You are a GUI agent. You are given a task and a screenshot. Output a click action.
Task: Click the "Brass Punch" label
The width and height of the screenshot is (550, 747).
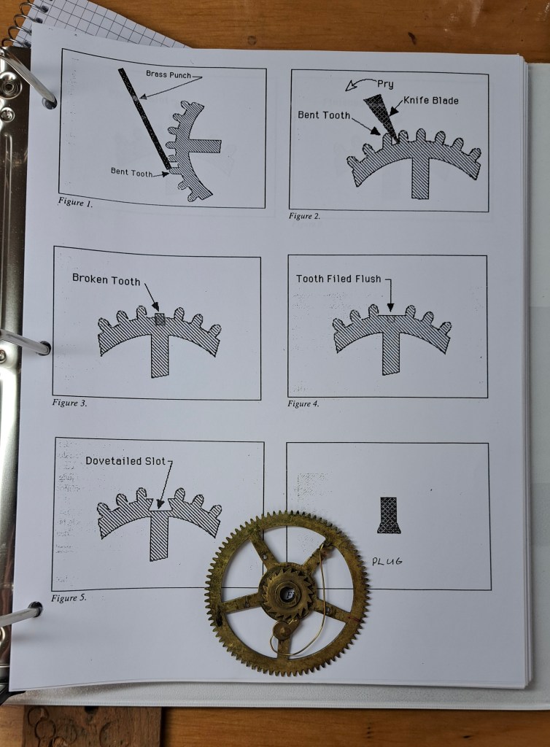tap(168, 74)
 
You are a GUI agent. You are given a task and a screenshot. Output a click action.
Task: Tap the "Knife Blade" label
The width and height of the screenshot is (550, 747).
tap(431, 100)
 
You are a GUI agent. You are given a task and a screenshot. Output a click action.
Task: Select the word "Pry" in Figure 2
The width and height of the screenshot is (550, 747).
tap(385, 85)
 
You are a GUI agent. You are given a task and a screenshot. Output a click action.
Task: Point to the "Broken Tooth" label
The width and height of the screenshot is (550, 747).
tap(106, 279)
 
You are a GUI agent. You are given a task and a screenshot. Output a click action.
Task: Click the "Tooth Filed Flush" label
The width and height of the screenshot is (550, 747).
tap(338, 279)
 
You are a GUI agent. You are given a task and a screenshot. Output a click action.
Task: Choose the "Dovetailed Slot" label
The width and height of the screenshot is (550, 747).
tap(125, 461)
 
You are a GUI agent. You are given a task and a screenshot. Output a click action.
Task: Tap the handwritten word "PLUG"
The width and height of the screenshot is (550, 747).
tap(387, 561)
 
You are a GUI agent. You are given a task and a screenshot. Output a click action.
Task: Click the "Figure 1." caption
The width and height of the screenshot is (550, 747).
tap(75, 202)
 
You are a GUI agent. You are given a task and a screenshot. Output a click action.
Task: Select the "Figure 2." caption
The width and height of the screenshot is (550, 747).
tap(304, 216)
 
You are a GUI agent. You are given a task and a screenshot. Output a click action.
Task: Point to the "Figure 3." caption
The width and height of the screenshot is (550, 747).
tap(69, 403)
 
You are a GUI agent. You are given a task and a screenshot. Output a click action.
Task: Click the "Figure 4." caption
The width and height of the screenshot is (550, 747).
tap(303, 404)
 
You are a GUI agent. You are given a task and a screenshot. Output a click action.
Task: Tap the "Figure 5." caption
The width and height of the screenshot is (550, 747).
tap(69, 598)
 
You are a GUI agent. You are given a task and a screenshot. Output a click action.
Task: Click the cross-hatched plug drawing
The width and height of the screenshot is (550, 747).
tap(389, 515)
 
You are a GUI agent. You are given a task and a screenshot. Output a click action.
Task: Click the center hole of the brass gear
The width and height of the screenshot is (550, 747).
tap(289, 594)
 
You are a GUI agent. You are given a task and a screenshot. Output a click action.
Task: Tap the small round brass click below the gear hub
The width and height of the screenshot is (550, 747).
tap(283, 632)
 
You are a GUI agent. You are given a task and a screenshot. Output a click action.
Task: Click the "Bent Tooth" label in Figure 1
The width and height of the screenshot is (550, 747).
tap(131, 171)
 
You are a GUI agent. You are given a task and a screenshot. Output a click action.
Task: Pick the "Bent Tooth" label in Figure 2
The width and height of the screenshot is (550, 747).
tap(324, 115)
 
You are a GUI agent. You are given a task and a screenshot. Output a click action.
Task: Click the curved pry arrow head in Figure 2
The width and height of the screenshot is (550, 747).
tap(352, 86)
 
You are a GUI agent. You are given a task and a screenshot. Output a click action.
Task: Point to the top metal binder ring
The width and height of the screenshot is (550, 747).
tap(28, 76)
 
